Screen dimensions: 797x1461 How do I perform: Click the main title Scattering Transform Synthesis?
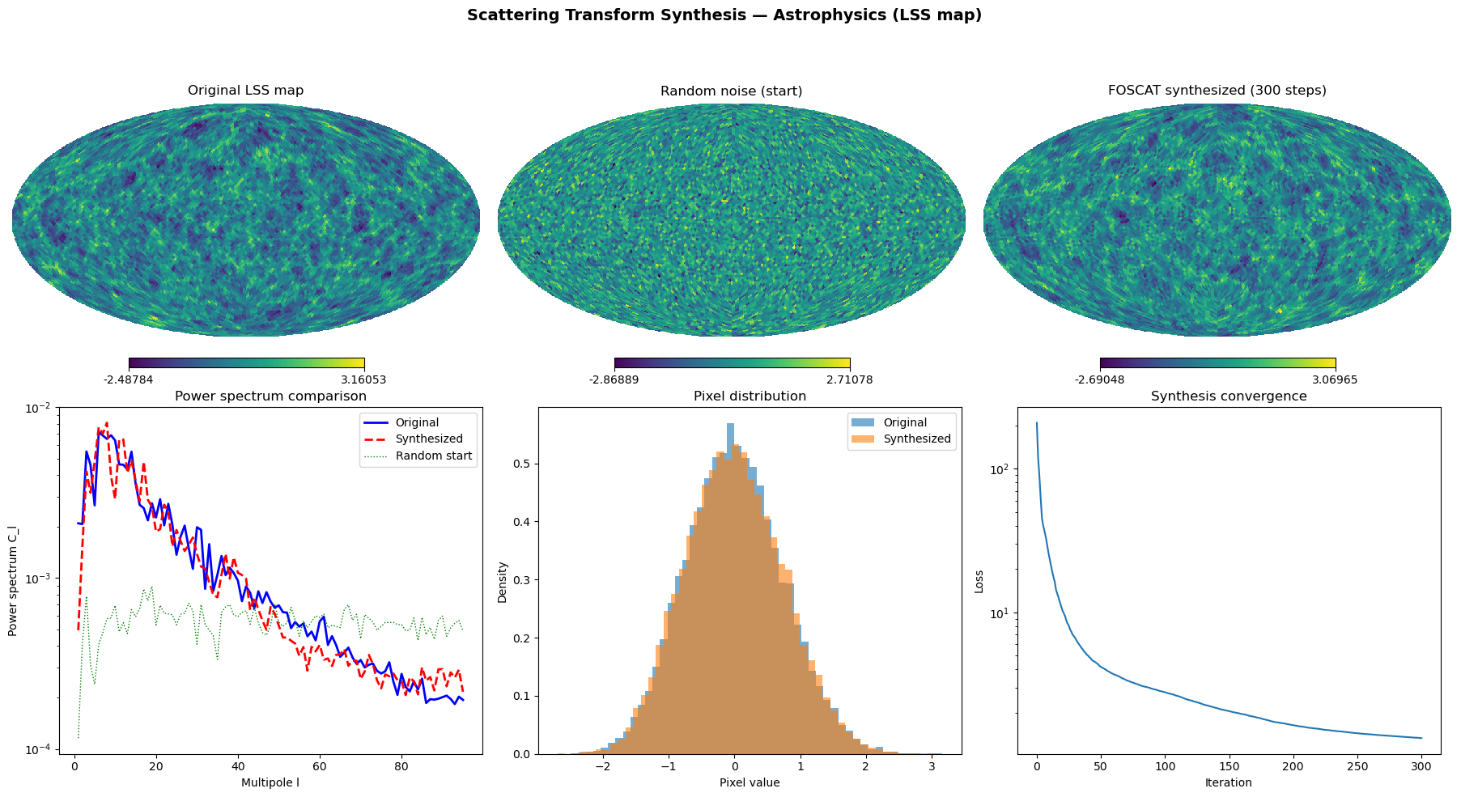tap(724, 15)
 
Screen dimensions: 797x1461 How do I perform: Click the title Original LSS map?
tap(245, 91)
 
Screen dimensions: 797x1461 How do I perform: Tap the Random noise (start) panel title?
tap(731, 91)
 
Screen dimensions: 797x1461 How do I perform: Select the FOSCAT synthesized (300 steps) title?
tap(1217, 91)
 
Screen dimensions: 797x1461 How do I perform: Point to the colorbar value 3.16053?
tap(363, 379)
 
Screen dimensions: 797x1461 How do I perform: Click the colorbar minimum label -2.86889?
tap(614, 379)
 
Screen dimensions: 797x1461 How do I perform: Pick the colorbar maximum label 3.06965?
tap(1335, 379)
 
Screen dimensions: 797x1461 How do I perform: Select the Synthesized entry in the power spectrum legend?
tap(429, 439)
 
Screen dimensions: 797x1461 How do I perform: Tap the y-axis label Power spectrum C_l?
tap(13, 581)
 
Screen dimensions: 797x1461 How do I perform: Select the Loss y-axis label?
tap(979, 581)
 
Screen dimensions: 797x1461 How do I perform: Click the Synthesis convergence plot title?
tap(1228, 396)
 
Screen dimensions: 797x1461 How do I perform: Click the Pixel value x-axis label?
tap(750, 782)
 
